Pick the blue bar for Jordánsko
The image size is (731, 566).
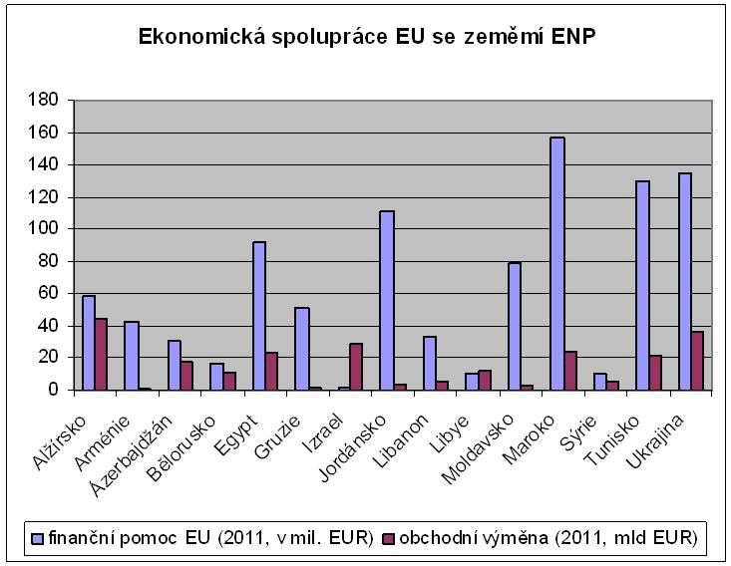pos(387,300)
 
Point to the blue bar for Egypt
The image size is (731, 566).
pos(259,315)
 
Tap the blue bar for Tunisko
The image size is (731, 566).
pos(642,284)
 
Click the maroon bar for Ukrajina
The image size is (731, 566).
pos(697,360)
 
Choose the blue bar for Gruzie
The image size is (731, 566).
pos(302,349)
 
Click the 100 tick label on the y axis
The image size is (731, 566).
pos(48,228)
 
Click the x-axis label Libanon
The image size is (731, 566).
pos(405,427)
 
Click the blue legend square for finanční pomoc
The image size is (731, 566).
pos(37,538)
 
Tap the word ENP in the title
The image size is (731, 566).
pos(571,38)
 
